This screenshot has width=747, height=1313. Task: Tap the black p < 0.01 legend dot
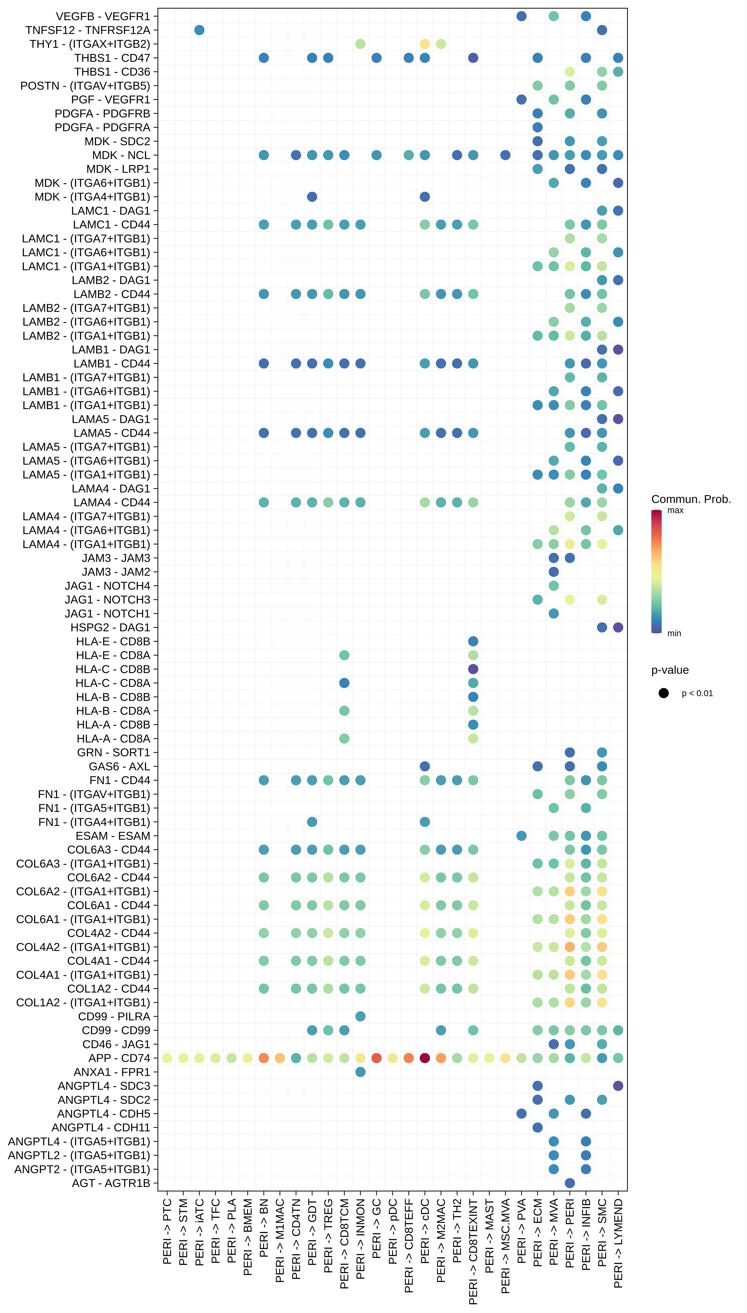pyautogui.click(x=663, y=693)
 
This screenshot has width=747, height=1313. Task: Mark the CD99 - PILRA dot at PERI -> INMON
pyautogui.click(x=360, y=1016)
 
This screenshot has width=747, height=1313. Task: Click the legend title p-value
pyautogui.click(x=670, y=670)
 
